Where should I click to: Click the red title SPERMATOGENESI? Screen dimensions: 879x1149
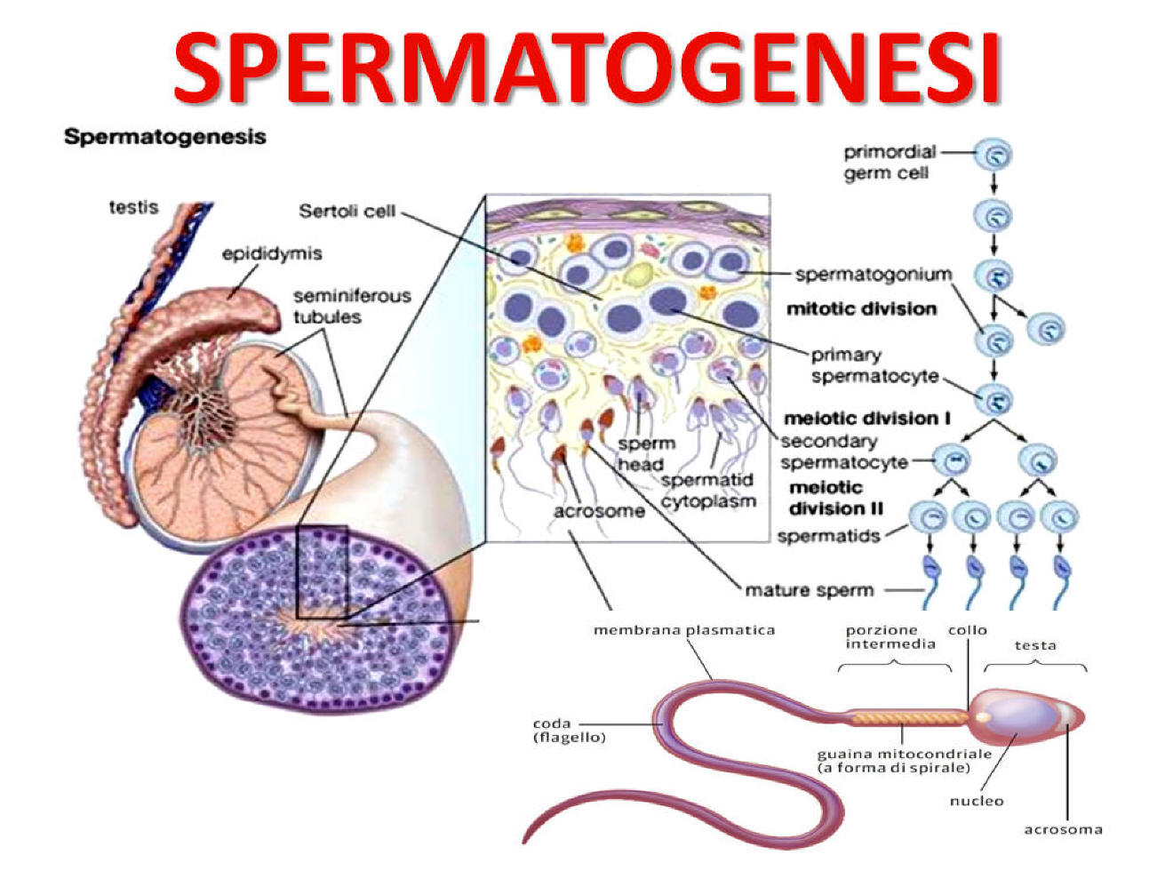[586, 67]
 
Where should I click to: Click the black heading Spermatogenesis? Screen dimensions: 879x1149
[165, 137]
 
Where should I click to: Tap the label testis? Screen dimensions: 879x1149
[133, 207]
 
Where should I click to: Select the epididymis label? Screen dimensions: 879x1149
[272, 253]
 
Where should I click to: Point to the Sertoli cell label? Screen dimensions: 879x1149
[347, 212]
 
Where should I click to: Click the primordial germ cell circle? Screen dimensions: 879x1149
[993, 156]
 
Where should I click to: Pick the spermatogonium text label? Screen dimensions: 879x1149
[873, 274]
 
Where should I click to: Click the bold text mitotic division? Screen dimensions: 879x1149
[861, 309]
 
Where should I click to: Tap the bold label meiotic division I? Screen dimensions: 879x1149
[861, 418]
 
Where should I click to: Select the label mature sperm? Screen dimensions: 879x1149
[809, 590]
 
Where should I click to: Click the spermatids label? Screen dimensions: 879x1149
[828, 536]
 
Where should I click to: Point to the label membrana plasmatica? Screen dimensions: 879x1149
[683, 630]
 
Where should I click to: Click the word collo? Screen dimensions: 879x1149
[967, 629]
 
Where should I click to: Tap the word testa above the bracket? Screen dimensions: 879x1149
[1035, 645]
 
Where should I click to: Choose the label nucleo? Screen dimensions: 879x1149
[976, 801]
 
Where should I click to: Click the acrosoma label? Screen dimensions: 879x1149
[1063, 829]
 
